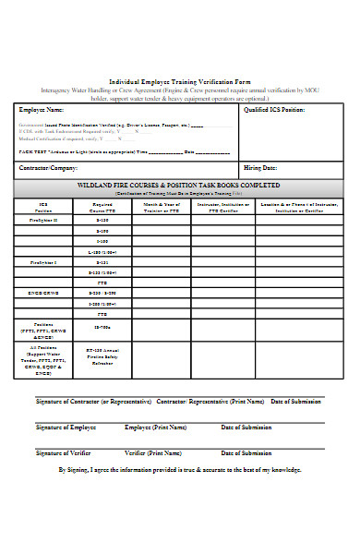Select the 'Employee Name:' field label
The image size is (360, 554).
point(43,109)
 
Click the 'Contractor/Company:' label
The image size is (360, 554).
point(50,169)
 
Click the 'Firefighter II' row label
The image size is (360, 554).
point(43,221)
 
